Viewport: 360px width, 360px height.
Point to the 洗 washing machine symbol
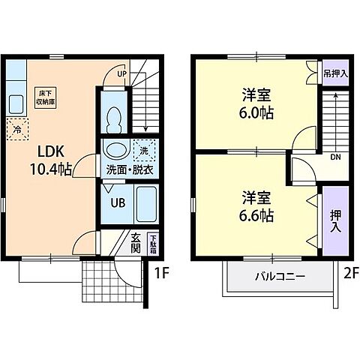[x=144, y=149]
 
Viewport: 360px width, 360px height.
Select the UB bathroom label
[x=118, y=202]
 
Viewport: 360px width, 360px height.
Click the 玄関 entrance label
[x=136, y=243]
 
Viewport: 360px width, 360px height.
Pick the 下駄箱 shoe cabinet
[x=153, y=243]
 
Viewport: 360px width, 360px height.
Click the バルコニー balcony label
[x=278, y=277]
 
